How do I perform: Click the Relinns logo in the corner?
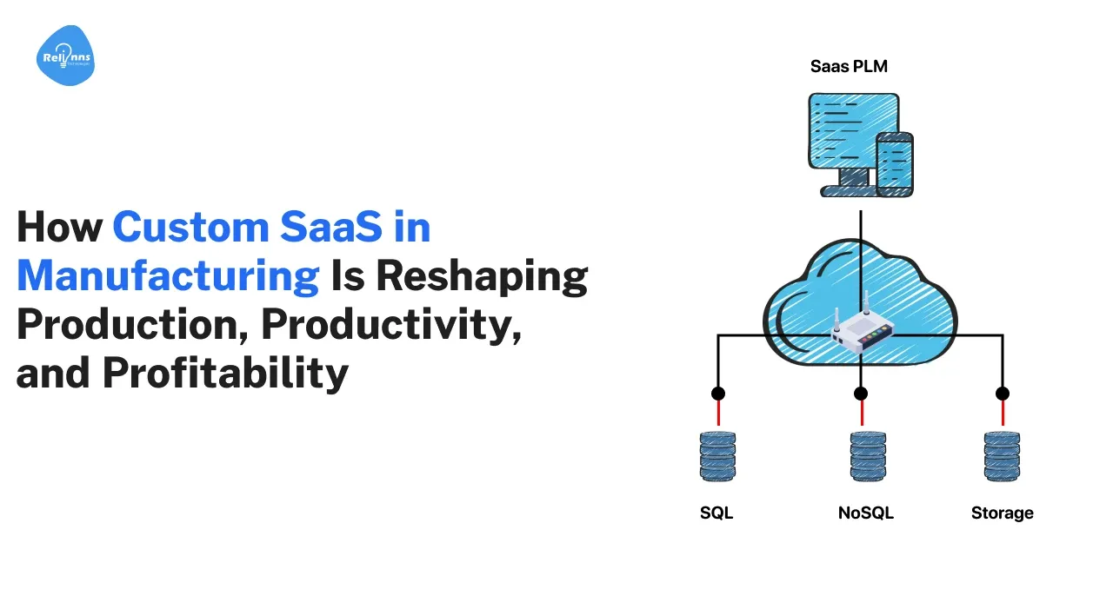coord(65,55)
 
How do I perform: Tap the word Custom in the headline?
coord(190,227)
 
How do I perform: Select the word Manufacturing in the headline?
coord(168,276)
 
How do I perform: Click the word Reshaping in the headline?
coord(482,276)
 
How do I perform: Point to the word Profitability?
coord(225,373)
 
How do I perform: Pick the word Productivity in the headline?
coord(391,324)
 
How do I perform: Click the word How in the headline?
coord(60,227)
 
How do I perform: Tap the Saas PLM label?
coord(849,66)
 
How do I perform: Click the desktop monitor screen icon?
coord(853,131)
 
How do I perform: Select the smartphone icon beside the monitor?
coord(895,164)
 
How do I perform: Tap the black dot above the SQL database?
coord(718,394)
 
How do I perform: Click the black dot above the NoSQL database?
coord(861,394)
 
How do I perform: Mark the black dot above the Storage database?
coord(1003,394)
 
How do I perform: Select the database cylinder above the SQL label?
coord(717,456)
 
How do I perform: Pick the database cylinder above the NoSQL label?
coord(868,456)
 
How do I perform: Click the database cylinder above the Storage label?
coord(1002,456)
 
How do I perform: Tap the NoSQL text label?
coord(865,513)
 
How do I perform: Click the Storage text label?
coord(1003,513)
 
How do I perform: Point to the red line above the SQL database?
coord(718,413)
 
